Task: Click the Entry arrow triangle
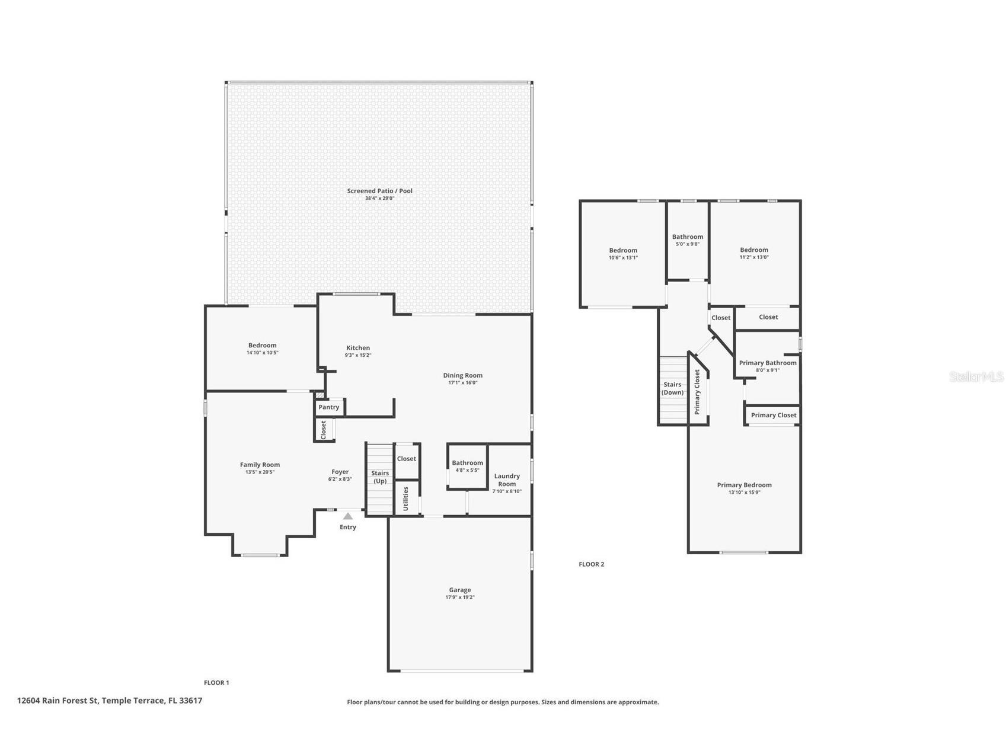coord(348,516)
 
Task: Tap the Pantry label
coord(329,407)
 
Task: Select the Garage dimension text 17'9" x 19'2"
coord(460,598)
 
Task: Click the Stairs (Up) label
coord(380,477)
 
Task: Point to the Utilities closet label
coord(406,499)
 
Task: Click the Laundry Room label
coord(507,480)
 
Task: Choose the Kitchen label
coord(358,348)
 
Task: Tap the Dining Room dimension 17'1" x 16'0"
coord(463,383)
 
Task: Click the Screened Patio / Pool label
coord(380,191)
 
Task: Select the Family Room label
coord(260,465)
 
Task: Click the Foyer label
coord(340,472)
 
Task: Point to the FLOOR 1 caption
coord(216,683)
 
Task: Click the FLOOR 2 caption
coord(592,564)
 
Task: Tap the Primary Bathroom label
coord(768,363)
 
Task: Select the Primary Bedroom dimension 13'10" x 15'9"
coord(745,493)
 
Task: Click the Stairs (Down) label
coord(673,388)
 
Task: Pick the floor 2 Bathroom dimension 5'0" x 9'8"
coord(688,244)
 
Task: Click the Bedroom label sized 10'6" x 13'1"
coord(623,250)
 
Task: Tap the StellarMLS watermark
coord(976,377)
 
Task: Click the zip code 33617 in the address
coord(191,701)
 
